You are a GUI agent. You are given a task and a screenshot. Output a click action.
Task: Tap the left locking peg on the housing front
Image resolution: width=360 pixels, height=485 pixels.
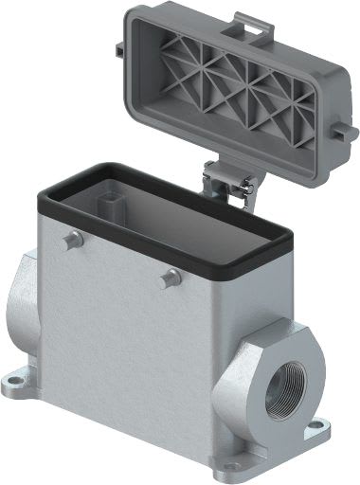click(x=71, y=242)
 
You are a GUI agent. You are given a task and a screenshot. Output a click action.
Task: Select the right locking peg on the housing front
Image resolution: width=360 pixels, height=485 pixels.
click(x=171, y=278)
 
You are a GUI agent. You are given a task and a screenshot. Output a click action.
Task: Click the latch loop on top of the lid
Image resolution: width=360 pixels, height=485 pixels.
click(x=248, y=17)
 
